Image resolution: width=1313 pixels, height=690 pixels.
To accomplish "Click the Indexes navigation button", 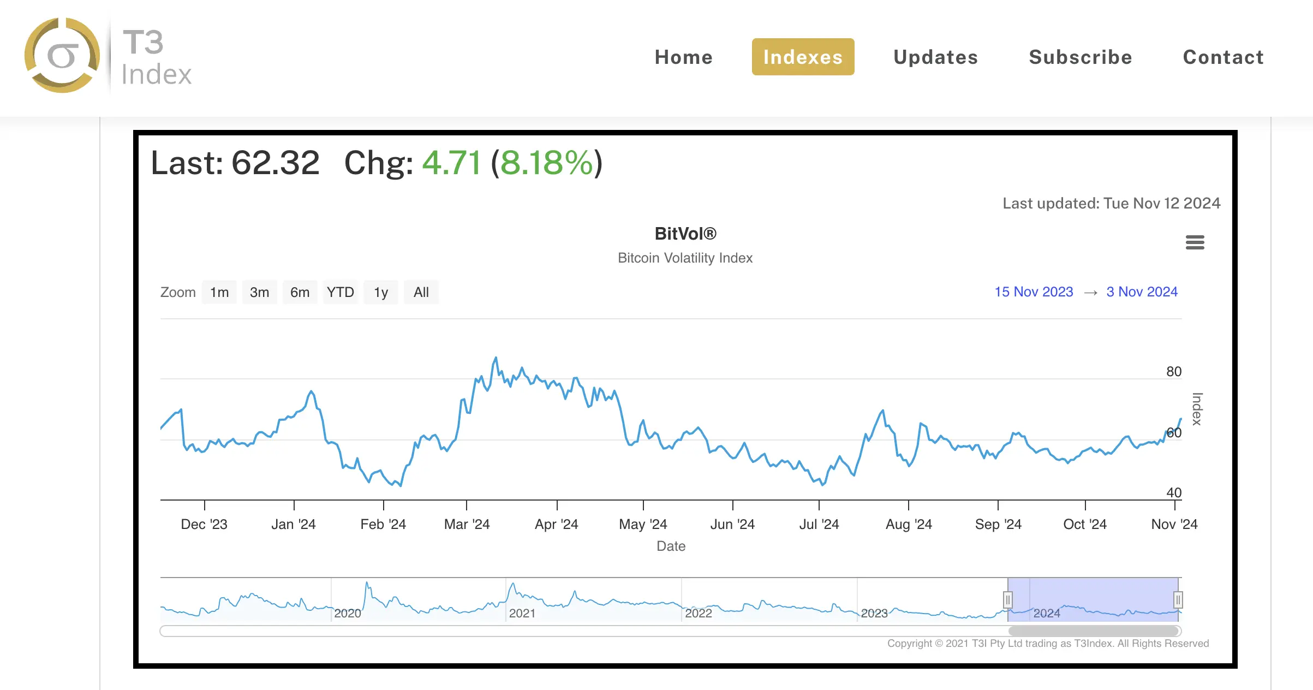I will tap(803, 57).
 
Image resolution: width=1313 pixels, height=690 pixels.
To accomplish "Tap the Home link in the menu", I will tap(683, 57).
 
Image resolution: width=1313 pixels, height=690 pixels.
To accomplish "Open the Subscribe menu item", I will tap(1080, 57).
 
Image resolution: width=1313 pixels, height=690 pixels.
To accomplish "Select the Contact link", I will tap(1223, 57).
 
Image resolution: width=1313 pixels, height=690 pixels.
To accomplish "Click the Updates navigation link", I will tap(935, 57).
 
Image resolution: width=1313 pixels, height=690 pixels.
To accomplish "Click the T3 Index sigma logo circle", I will tap(62, 55).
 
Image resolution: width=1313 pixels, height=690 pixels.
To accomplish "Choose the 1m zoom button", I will tap(219, 292).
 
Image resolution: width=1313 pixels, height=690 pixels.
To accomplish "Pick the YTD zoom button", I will tap(340, 292).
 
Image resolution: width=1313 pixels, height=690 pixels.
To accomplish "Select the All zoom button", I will tap(421, 292).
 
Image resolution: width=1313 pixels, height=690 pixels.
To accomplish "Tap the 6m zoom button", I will tap(300, 292).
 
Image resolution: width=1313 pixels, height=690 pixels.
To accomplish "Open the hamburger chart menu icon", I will tap(1195, 242).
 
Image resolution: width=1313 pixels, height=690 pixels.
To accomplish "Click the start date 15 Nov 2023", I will tap(1034, 292).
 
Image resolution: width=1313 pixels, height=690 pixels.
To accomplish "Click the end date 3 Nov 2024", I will tap(1142, 292).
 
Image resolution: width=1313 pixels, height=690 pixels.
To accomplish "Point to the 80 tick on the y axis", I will tap(1173, 372).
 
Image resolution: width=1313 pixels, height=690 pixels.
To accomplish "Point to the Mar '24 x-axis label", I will tap(467, 524).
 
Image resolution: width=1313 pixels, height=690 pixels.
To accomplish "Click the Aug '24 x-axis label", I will tap(909, 524).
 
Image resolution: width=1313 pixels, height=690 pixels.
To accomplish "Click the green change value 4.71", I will tap(451, 163).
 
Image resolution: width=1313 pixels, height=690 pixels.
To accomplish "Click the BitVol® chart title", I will tap(685, 234).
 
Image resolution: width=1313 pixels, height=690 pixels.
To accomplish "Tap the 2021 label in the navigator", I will tap(522, 613).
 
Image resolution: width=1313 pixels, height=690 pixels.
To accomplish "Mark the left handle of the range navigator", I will tap(1008, 600).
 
